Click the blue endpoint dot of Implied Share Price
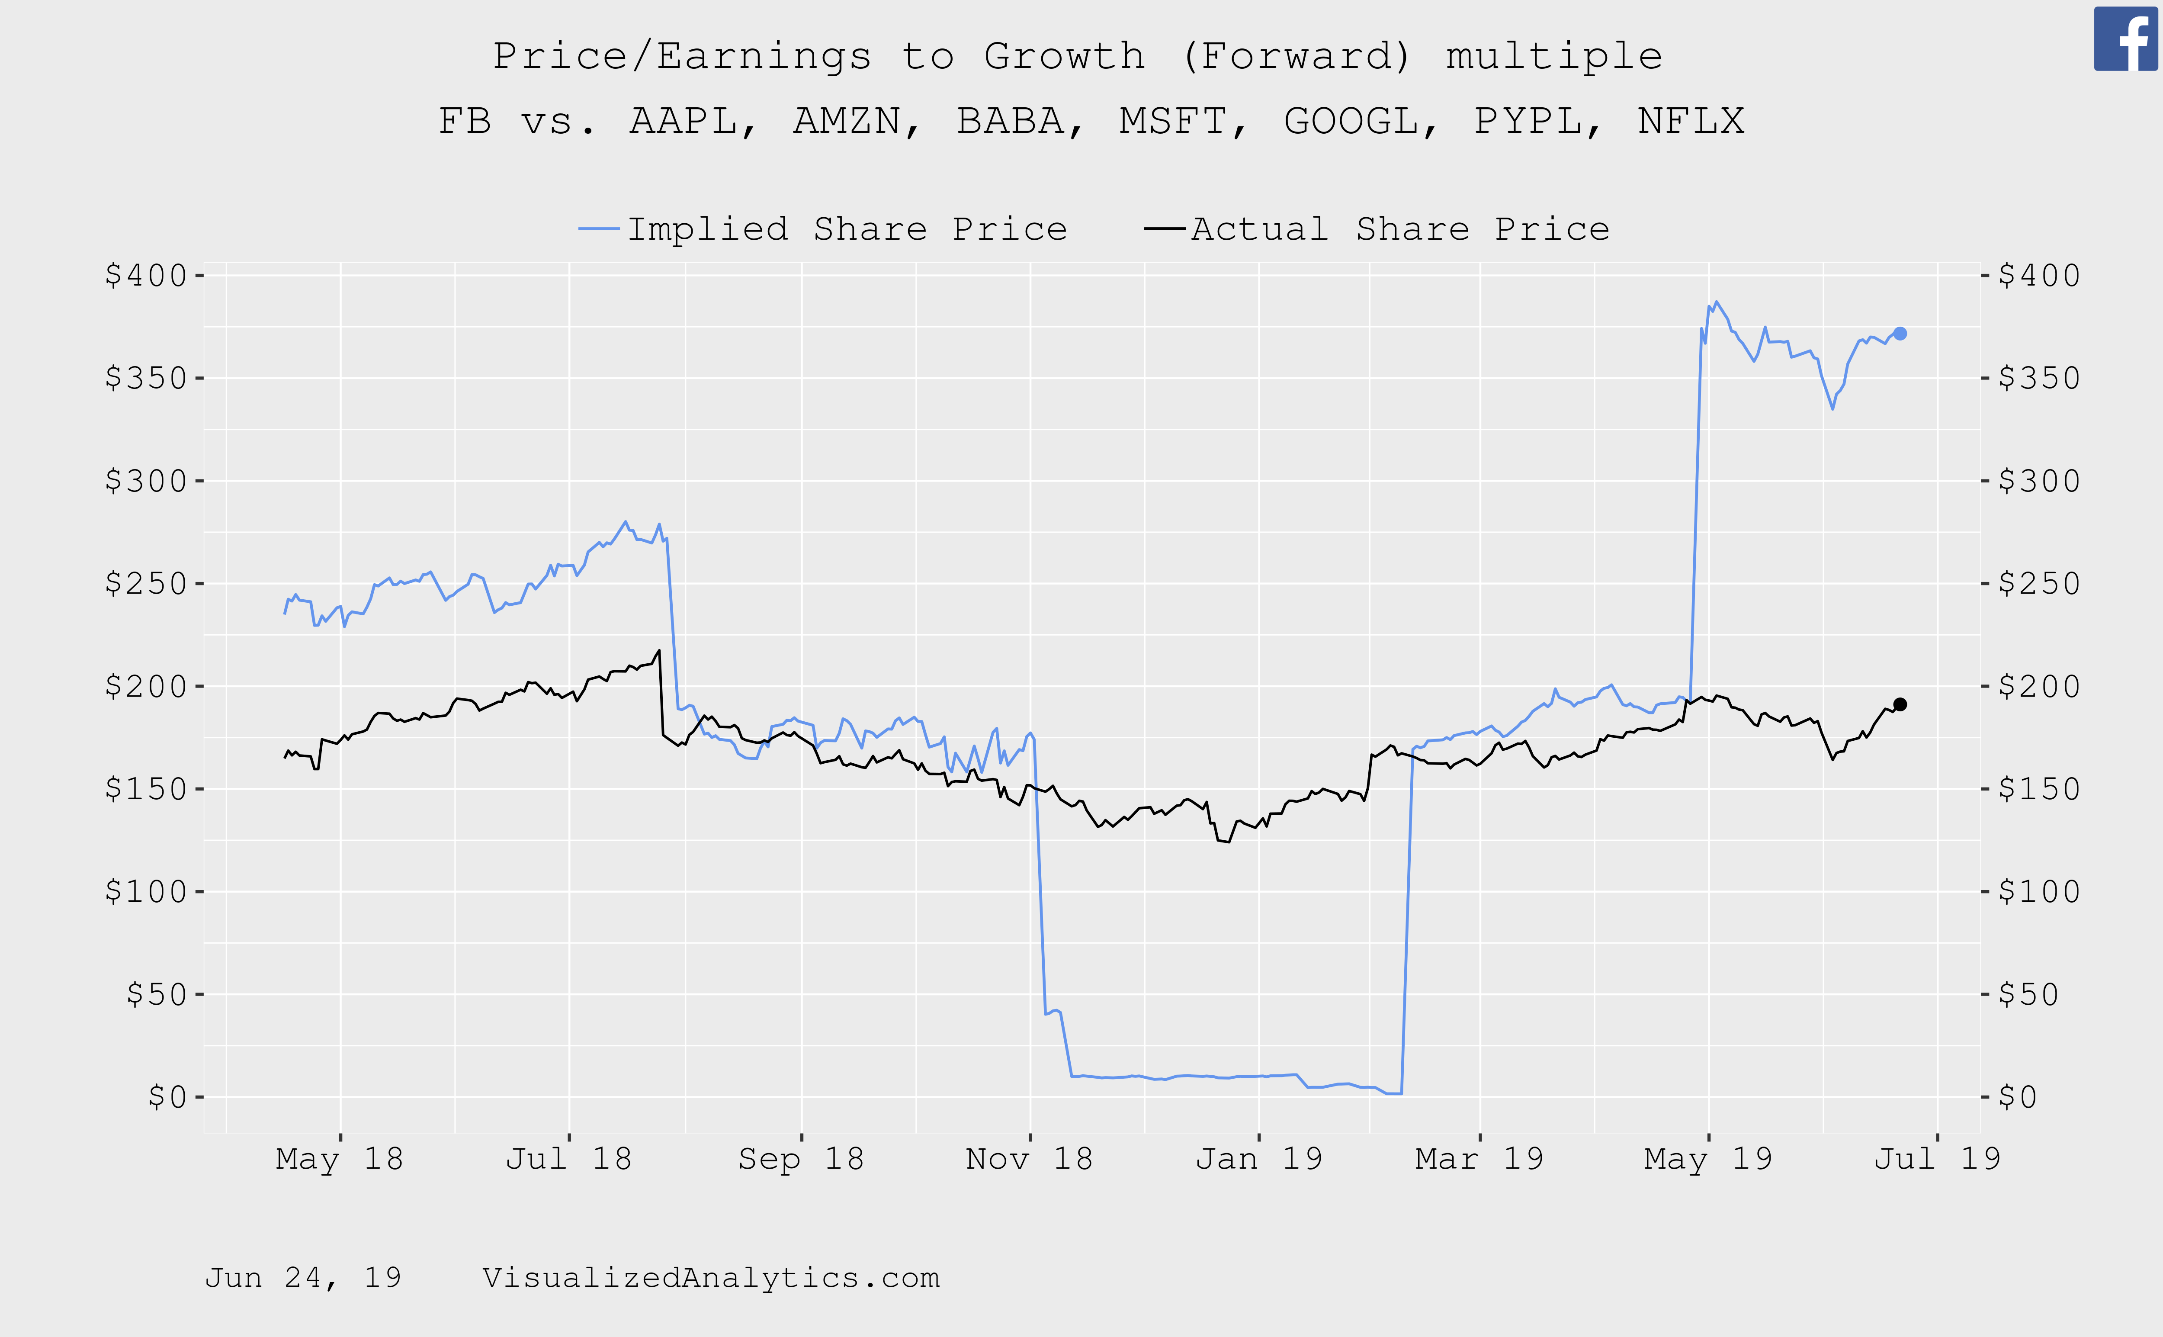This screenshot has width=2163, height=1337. (x=1900, y=333)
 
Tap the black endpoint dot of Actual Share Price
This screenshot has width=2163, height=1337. (x=1900, y=705)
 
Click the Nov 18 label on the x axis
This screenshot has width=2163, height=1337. (x=1029, y=1158)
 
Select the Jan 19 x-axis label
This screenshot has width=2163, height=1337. (x=1259, y=1158)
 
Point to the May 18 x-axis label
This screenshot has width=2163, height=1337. (x=340, y=1158)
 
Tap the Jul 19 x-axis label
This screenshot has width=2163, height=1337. (x=1937, y=1158)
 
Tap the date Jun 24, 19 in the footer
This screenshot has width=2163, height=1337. (x=303, y=1278)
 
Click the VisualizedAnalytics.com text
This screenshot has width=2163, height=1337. (x=711, y=1278)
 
